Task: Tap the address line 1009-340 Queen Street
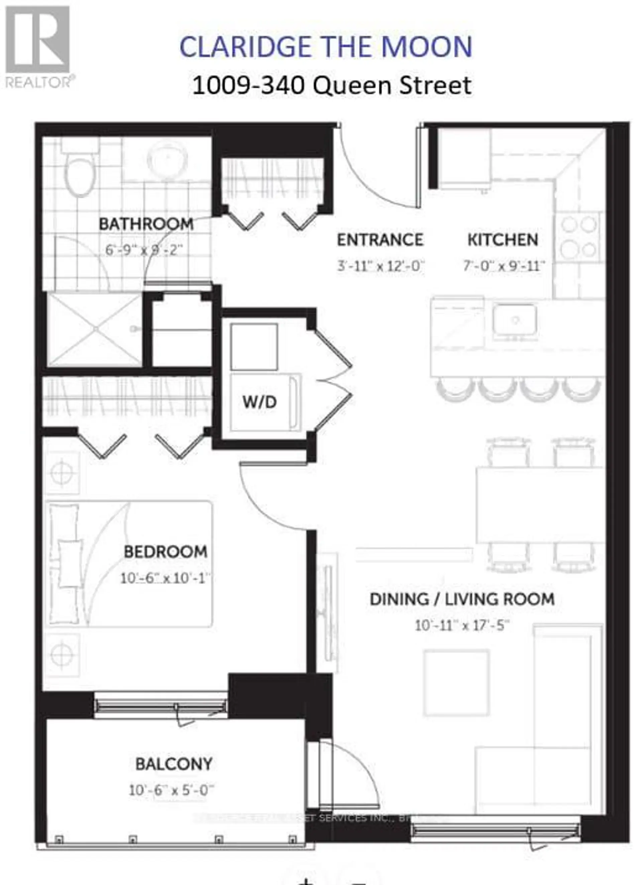(332, 86)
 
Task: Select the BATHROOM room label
(146, 224)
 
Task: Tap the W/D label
(259, 402)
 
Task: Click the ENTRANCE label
(380, 240)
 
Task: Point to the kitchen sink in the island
(515, 320)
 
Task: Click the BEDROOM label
(165, 552)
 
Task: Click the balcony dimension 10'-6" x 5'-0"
(172, 790)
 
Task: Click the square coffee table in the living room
(456, 683)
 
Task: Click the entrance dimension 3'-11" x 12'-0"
(380, 266)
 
